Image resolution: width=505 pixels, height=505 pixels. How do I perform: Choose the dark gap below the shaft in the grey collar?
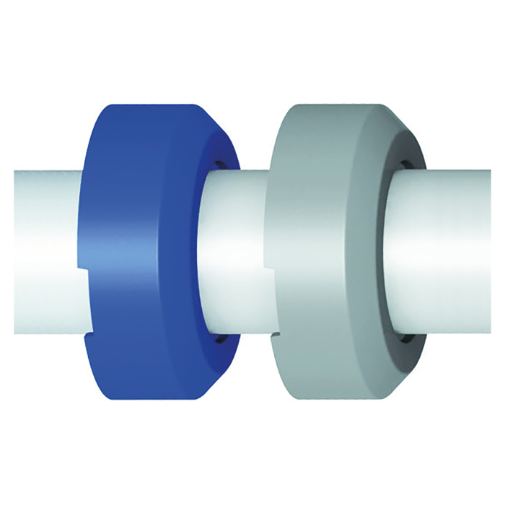click(x=400, y=338)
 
